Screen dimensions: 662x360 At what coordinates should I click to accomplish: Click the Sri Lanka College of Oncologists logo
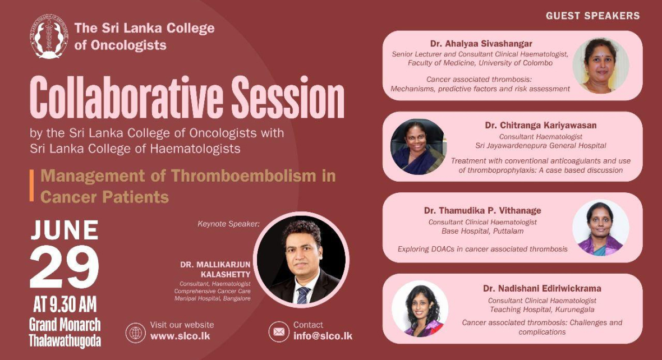coord(49,36)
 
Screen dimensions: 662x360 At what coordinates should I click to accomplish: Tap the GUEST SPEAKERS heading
coord(593,16)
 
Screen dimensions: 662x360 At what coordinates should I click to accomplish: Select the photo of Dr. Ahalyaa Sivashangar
coord(601,66)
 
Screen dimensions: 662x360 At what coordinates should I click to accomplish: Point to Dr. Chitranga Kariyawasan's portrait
coord(419,147)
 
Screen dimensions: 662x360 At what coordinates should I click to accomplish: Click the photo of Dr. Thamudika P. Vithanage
coord(601,228)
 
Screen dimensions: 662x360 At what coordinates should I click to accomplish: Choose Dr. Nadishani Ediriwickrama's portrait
coord(420,308)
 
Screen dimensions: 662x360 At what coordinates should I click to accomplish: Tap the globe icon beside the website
coord(136,333)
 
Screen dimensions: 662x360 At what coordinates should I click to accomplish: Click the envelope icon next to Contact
coord(279,332)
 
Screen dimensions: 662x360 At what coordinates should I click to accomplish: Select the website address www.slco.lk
coord(180,336)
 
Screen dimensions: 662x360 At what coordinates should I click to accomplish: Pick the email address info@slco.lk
coord(323,336)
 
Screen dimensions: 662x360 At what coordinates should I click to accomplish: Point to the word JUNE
coord(65,230)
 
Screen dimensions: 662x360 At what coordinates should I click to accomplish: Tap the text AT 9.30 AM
coord(65,304)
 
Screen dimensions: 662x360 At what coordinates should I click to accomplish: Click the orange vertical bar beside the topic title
coord(31,185)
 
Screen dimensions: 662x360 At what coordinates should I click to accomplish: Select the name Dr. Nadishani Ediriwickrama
coord(542,289)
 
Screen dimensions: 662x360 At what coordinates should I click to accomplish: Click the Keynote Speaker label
coord(228,224)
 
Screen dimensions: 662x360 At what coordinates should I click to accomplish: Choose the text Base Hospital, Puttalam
coord(482,231)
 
